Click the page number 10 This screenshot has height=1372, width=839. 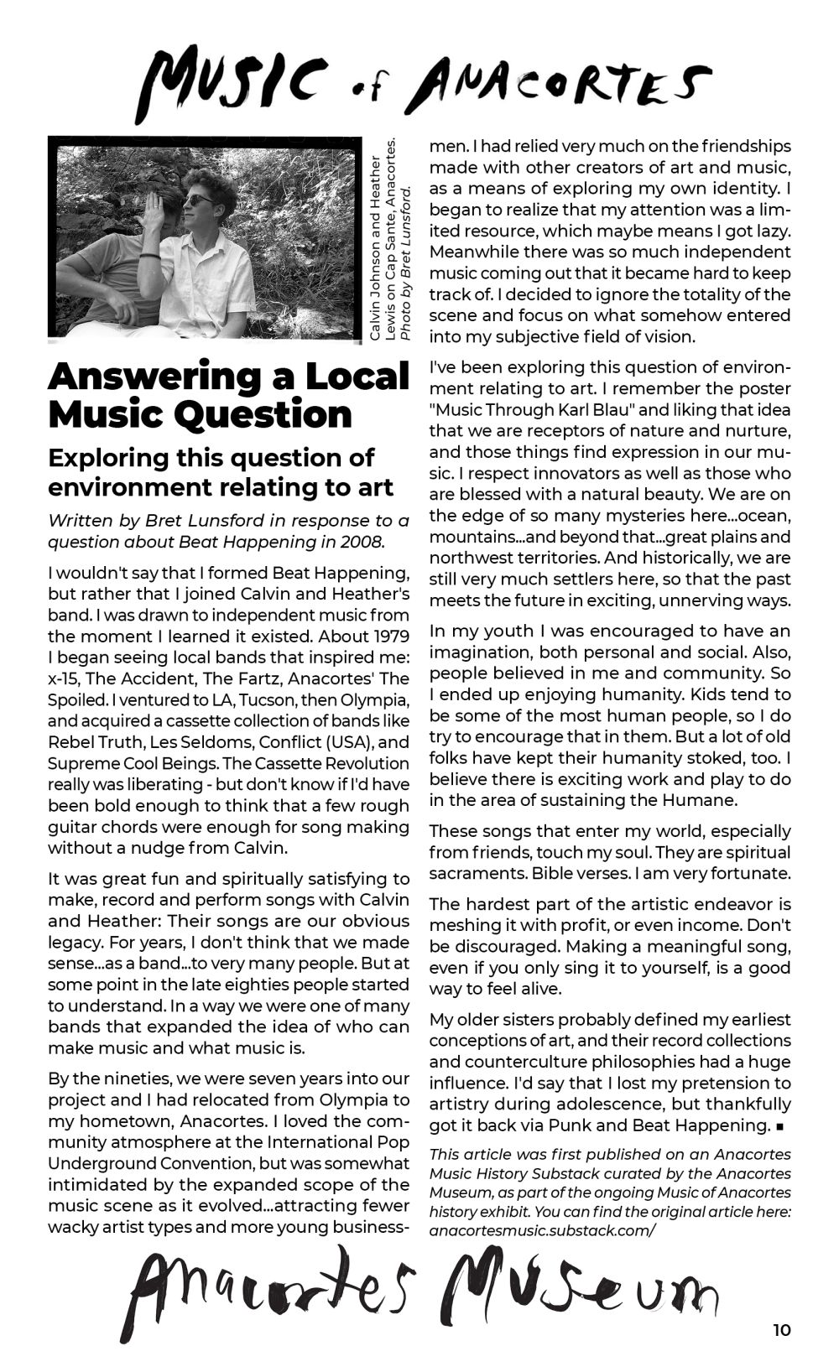[x=781, y=1330]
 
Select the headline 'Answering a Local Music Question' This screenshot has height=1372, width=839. [x=228, y=395]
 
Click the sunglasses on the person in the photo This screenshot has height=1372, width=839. [x=200, y=200]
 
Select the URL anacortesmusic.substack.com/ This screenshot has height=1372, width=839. [x=542, y=1231]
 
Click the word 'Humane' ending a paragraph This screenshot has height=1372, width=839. [x=699, y=800]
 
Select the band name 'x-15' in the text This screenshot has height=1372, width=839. [x=63, y=678]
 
